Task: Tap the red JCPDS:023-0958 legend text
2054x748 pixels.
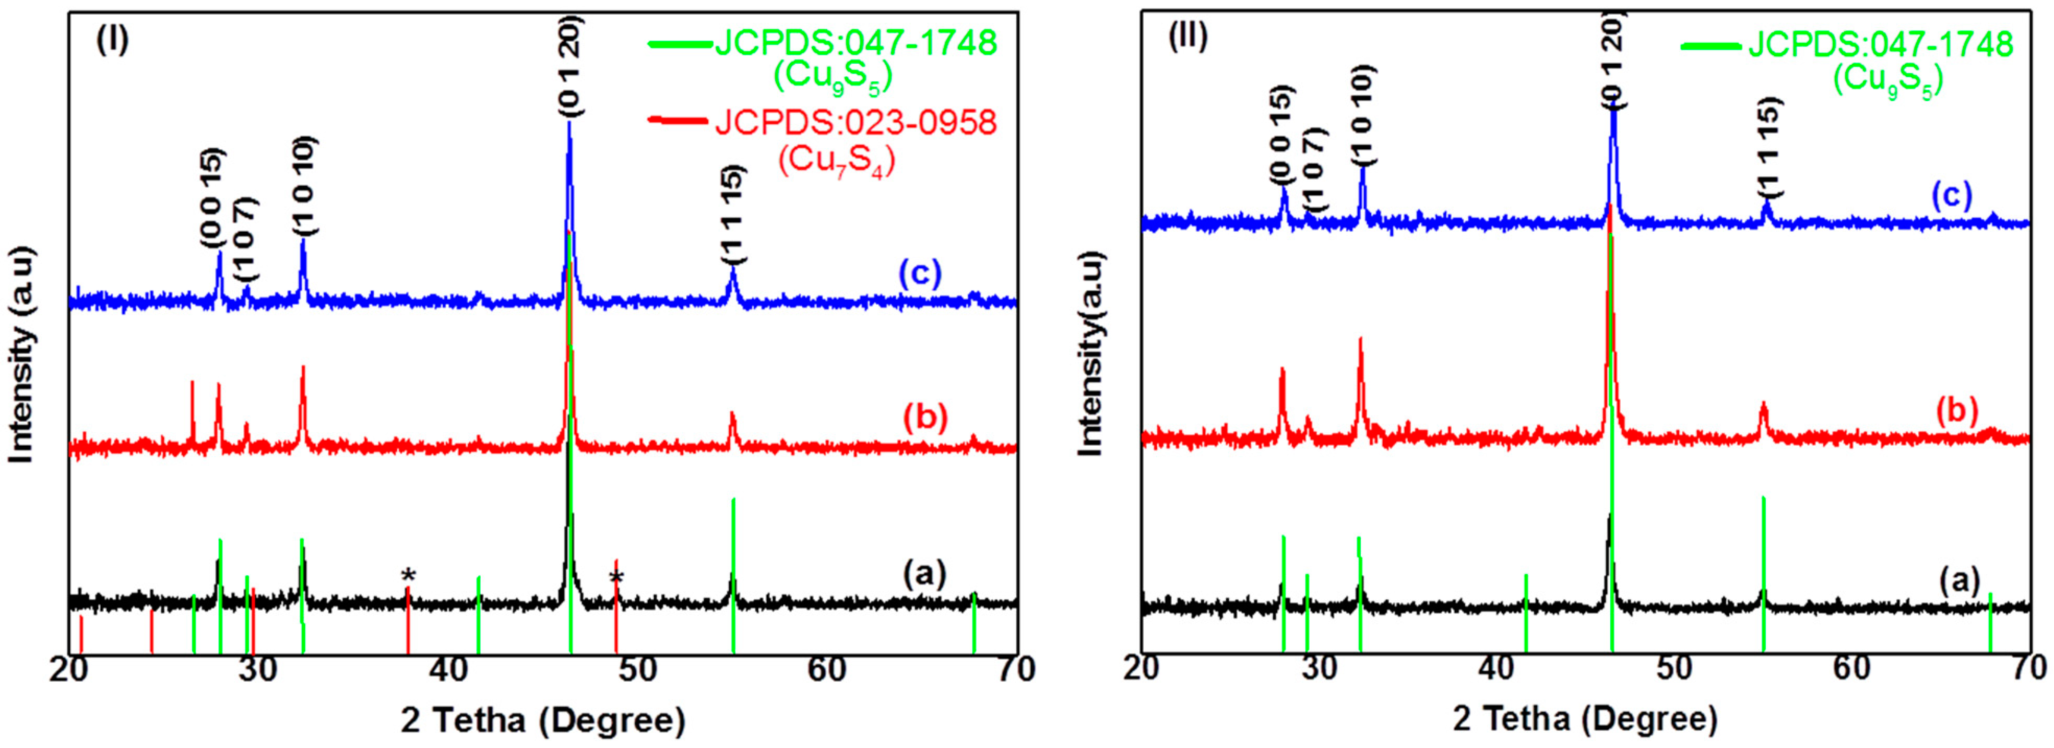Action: (856, 122)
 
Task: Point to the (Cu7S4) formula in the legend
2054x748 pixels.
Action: (836, 160)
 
